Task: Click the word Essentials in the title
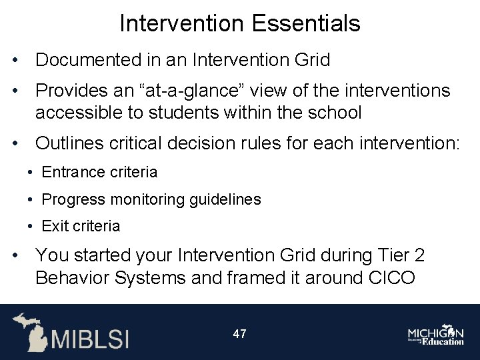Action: pos(306,24)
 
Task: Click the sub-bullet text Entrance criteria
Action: pos(99,173)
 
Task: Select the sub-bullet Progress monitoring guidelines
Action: pos(151,199)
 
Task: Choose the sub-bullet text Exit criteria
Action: pos(81,226)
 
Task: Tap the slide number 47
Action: pos(239,333)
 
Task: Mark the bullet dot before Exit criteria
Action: pos(31,227)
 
